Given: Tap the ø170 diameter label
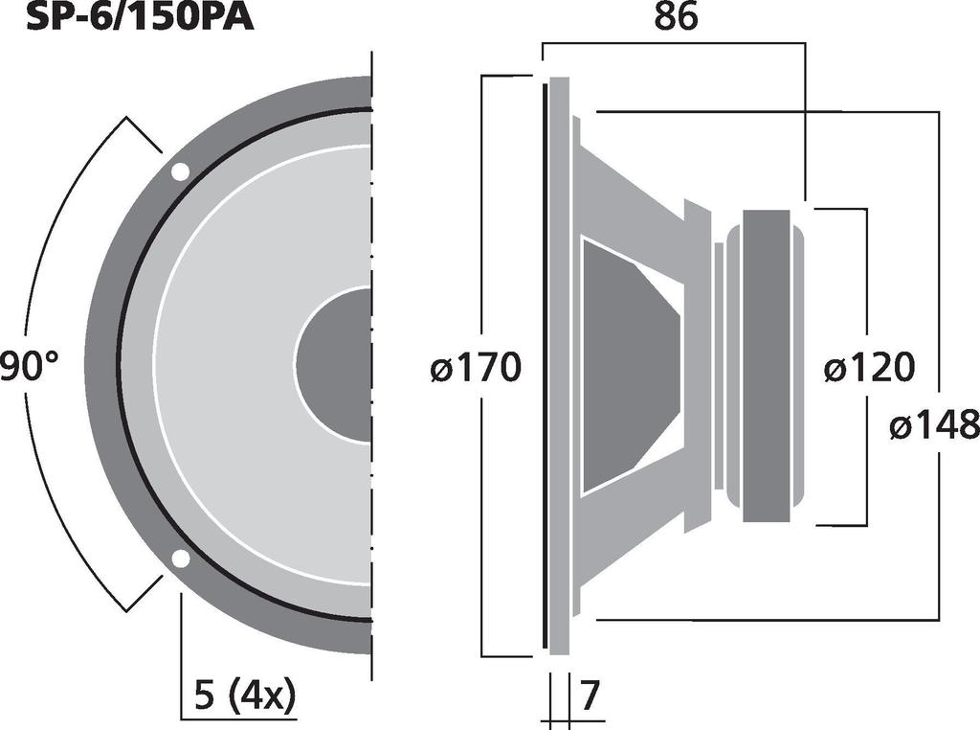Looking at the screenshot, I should [476, 368].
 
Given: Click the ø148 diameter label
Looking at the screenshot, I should [933, 424].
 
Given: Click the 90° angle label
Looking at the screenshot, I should [29, 367].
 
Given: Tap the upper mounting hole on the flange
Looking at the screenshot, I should [180, 172].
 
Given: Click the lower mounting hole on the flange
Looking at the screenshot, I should [180, 559].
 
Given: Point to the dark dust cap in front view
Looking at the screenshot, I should [335, 365].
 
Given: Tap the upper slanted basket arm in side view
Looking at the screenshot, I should [632, 192].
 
